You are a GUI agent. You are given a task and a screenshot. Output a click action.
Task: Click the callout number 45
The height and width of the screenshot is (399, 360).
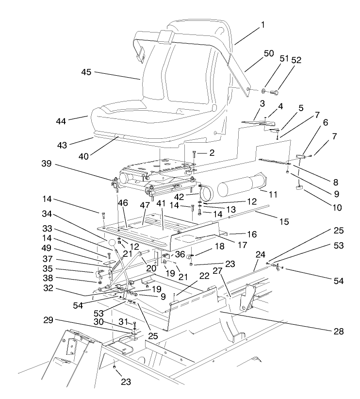87,72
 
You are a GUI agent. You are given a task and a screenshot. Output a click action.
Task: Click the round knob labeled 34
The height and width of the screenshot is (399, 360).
111,242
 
